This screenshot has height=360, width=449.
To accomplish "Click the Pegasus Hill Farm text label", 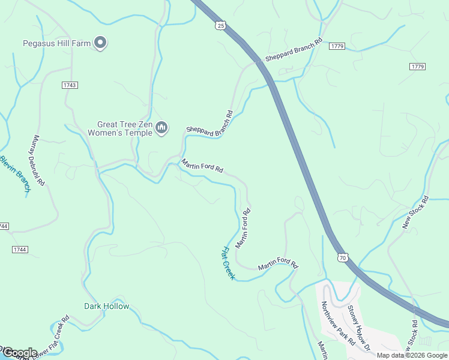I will [58, 43].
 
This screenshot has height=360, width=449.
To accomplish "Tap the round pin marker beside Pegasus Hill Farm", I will [101, 42].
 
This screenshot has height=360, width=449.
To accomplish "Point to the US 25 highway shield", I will [221, 25].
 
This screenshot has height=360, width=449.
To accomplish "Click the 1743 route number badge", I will [70, 85].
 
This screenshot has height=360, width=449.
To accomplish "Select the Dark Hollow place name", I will [106, 306].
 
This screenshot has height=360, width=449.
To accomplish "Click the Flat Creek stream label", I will [228, 263].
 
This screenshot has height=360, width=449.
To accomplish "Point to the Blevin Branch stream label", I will [15, 174].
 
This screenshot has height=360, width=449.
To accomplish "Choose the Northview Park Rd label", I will [337, 323].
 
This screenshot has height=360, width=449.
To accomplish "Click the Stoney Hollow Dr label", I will [360, 326].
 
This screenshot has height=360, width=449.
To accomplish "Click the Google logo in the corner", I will [19, 352].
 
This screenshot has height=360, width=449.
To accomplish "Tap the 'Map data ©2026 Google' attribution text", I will [412, 355].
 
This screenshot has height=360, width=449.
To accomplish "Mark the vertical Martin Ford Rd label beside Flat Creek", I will [243, 228].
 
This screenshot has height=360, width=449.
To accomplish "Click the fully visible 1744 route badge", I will [19, 248].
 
